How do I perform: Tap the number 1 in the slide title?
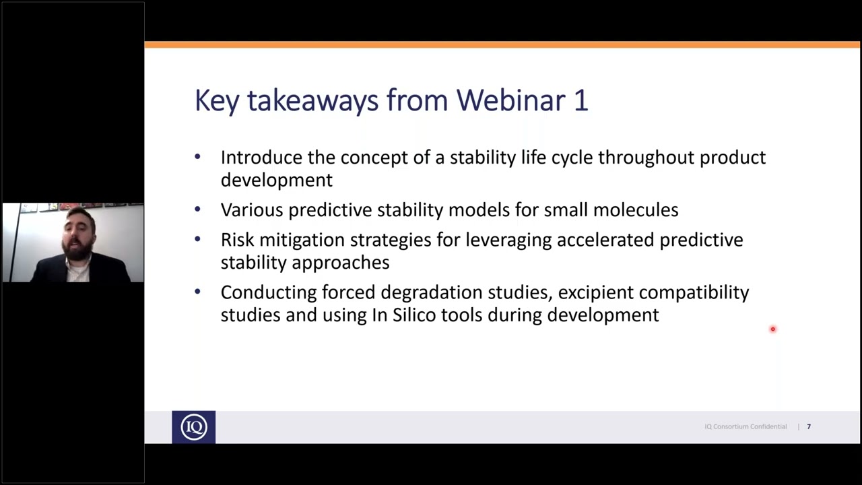581,100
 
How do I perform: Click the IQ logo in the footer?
193,427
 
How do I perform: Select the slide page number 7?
809,426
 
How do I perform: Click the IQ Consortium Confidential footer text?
745,426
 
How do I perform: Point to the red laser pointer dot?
773,329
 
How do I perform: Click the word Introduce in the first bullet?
261,158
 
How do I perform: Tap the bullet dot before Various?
197,209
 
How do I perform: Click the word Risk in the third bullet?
238,240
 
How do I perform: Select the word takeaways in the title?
312,100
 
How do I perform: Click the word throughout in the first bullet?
646,158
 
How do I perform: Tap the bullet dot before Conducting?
197,292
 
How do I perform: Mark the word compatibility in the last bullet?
694,292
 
